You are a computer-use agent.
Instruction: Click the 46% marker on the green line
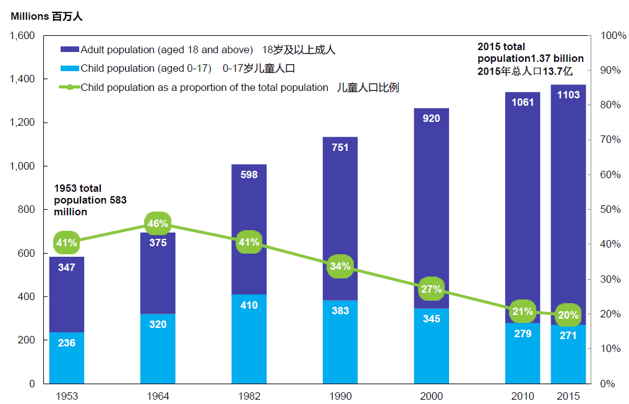[158, 223]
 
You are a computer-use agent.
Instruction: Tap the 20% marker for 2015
[568, 314]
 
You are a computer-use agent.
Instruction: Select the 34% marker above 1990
[340, 267]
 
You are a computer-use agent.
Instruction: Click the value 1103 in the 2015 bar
[568, 95]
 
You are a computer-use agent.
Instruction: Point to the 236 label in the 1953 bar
[67, 342]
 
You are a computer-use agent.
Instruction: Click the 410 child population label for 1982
[249, 305]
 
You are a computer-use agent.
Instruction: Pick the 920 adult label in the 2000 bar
[431, 118]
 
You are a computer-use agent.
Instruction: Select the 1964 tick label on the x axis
[158, 396]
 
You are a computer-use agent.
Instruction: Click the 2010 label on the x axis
[522, 396]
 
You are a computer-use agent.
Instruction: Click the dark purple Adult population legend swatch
[70, 49]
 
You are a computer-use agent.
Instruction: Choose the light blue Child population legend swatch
[70, 68]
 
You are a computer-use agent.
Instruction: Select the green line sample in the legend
[70, 87]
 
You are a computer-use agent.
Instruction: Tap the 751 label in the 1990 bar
[340, 147]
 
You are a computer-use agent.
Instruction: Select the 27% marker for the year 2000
[431, 289]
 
